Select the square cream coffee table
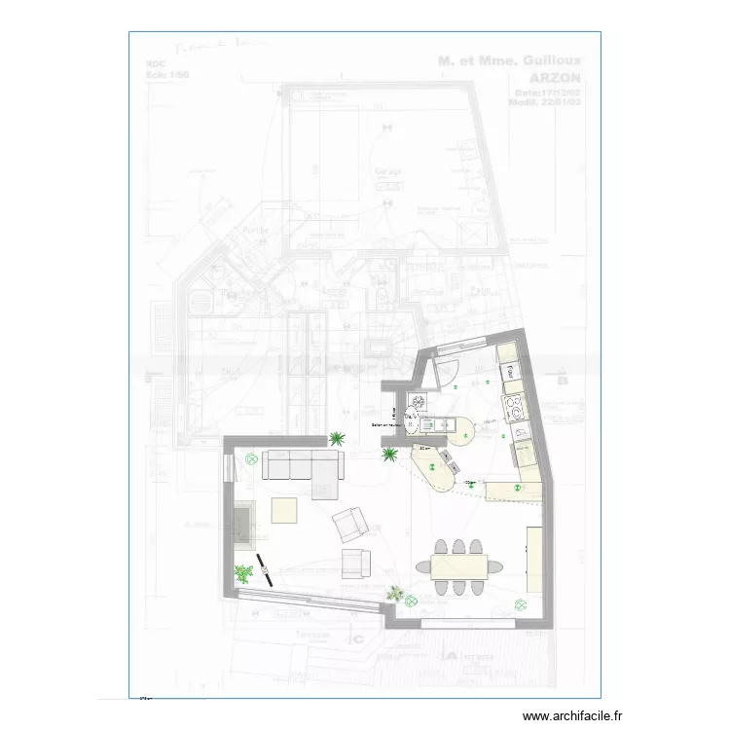pyautogui.click(x=284, y=510)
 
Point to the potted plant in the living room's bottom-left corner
pyautogui.click(x=241, y=573)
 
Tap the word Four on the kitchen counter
pyautogui.click(x=508, y=370)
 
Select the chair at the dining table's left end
pyautogui.click(x=422, y=566)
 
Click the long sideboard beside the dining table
pyautogui.click(x=534, y=559)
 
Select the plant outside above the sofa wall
pyautogui.click(x=337, y=439)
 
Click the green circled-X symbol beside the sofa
pyautogui.click(x=250, y=459)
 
